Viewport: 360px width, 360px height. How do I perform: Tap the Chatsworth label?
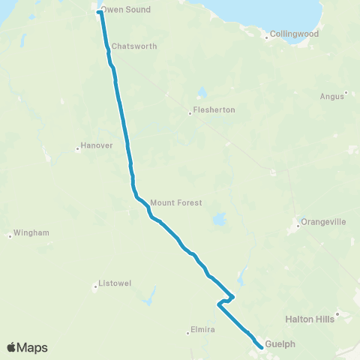point(134,46)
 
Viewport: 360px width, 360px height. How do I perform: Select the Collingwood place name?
point(295,34)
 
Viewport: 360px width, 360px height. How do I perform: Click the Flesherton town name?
point(214,110)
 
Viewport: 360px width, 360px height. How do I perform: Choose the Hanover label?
point(97,146)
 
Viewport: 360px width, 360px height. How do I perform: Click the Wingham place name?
point(31,233)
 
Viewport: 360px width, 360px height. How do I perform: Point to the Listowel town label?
point(115,283)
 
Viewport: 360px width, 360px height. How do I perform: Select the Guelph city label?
point(280,344)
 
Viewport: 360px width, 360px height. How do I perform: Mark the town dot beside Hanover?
point(78,148)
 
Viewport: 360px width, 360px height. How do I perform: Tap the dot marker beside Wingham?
point(10,236)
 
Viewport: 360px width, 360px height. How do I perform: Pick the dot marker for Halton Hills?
point(338,313)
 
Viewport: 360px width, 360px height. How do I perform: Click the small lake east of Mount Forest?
point(219,220)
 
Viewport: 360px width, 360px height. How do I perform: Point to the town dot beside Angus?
point(346,94)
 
